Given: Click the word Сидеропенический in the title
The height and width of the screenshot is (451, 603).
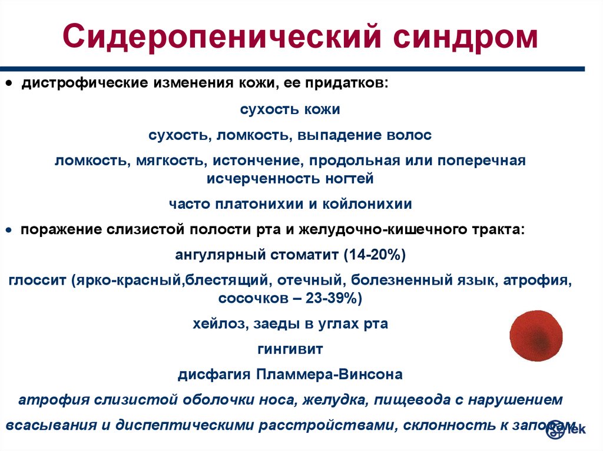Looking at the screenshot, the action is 222,37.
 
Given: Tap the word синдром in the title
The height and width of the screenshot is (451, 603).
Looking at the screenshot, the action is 465,37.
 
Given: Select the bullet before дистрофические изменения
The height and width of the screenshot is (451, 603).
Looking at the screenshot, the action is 9,83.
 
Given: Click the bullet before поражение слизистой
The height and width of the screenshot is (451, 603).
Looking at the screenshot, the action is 9,230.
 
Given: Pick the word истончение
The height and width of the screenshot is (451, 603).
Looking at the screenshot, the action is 256,160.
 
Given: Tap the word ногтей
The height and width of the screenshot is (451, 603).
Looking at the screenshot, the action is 349,179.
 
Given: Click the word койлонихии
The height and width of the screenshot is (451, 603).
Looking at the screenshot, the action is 367,204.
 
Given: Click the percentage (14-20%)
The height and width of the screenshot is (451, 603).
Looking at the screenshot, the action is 375,255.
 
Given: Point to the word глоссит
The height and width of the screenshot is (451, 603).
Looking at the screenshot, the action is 37,280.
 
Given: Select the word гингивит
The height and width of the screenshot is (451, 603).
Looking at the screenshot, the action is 290,349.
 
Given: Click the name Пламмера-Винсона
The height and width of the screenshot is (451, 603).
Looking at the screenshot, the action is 330,374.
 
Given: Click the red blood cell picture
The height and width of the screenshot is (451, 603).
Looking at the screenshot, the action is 536,335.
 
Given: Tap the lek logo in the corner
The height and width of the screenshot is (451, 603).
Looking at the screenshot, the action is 565,429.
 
